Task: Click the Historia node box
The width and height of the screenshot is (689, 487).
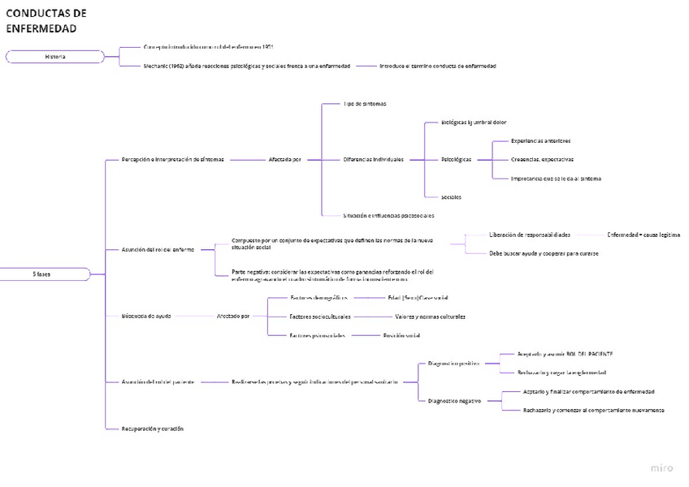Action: point(55,57)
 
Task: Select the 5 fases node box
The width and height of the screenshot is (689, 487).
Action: point(42,274)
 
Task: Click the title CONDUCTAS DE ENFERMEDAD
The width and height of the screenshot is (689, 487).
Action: point(46,21)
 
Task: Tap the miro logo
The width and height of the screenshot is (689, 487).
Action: point(661,468)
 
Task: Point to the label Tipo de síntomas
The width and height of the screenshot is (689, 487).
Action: point(364,104)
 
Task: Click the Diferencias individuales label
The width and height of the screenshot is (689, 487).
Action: point(373,159)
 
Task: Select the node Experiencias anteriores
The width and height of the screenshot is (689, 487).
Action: point(540,140)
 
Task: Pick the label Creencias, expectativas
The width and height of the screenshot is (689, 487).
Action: point(542,159)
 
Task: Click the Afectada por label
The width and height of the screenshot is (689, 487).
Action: point(285,159)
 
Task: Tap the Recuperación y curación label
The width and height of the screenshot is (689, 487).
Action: point(152,428)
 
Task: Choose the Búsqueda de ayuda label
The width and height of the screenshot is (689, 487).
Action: point(146,316)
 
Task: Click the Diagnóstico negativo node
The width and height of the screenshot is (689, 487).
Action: point(454,400)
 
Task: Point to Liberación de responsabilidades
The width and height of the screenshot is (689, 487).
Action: point(529,235)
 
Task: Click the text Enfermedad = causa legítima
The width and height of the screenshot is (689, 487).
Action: point(643,235)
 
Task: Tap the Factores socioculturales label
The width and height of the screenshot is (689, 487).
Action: point(320,316)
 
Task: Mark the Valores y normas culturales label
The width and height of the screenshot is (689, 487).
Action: point(430,316)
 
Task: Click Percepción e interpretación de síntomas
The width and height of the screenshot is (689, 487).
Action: point(172,159)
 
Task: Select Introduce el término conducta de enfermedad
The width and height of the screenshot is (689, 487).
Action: point(437,66)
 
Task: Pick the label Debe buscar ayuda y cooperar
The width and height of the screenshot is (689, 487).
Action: point(544,253)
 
